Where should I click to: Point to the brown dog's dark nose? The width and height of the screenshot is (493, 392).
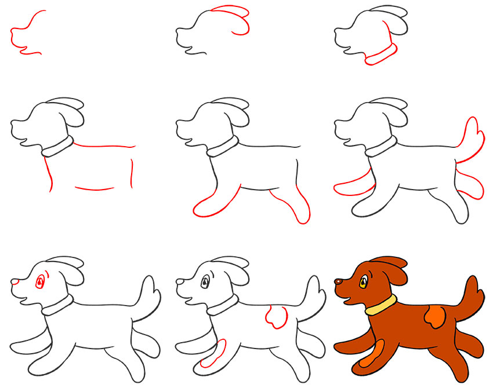tap(338, 282)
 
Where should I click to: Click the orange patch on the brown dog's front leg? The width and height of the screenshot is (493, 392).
tap(372, 354)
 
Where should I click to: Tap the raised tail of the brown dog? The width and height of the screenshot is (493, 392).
tap(471, 293)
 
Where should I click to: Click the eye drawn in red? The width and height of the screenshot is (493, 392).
tap(40, 282)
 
